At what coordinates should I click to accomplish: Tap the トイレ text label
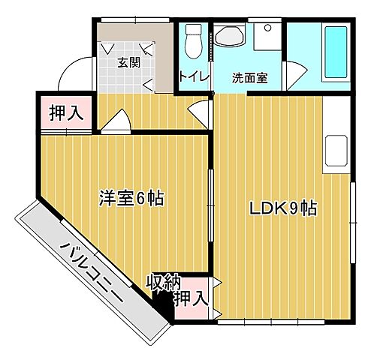[x=193, y=77]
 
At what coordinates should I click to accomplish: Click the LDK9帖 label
[x=282, y=208]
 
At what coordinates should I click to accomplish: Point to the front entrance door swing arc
[x=74, y=75]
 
